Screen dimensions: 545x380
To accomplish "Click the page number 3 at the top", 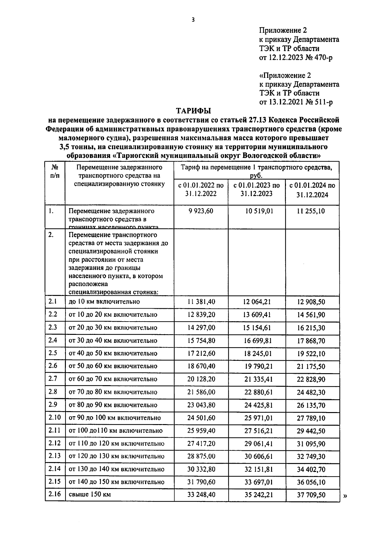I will click(x=193, y=20).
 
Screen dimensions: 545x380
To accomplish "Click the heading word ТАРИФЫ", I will click(x=193, y=111).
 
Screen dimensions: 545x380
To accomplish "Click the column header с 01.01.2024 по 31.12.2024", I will click(x=312, y=190).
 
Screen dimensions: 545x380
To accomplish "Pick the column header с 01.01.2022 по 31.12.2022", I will click(x=201, y=189).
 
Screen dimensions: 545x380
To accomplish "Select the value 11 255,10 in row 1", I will click(x=311, y=211).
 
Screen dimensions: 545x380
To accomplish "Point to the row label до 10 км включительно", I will click(x=104, y=302).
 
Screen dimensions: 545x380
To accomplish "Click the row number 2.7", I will click(x=53, y=379).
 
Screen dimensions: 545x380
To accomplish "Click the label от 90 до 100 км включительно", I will click(x=115, y=418).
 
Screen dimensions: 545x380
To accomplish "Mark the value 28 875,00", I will click(x=201, y=456).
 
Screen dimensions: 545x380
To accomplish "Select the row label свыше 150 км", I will click(x=90, y=494).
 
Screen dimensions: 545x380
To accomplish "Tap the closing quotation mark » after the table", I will click(x=345, y=496).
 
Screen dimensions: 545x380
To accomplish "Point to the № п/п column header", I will click(x=55, y=171).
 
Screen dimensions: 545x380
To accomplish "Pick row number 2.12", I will click(x=54, y=443).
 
